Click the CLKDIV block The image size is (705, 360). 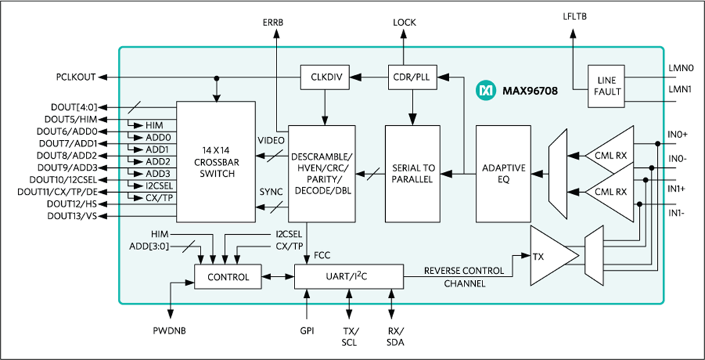326,77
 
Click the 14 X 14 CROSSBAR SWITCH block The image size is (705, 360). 216,161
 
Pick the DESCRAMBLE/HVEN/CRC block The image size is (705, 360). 321,173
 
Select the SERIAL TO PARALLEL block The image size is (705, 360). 413,173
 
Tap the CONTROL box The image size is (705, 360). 228,277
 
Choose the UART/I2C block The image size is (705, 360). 349,277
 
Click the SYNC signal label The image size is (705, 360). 270,192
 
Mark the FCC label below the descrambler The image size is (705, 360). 322,254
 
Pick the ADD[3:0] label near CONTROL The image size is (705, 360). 149,246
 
